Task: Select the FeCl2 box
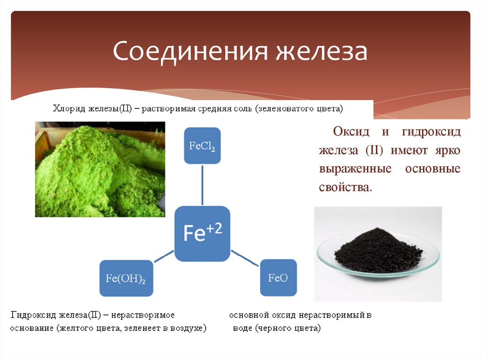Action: coord(202,146)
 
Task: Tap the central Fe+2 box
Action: coord(202,233)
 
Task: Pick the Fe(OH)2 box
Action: coord(126,278)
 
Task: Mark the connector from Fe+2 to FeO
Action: coord(244,257)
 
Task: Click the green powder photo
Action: coord(100,169)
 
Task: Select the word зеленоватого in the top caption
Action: coord(289,109)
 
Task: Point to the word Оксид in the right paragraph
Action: coord(349,131)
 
